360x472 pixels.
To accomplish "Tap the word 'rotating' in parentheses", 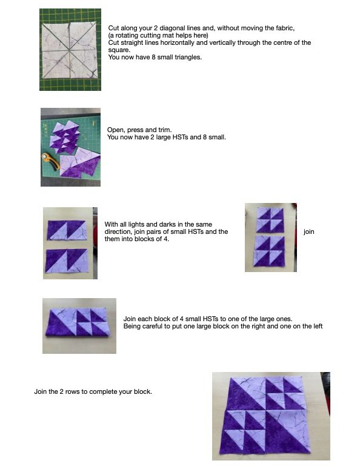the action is pyautogui.click(x=126, y=35).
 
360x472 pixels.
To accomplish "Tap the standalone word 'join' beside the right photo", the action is pyautogui.click(x=309, y=231).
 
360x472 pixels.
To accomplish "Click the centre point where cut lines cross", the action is pyautogui.click(x=69, y=50).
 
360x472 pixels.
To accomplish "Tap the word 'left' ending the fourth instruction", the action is pyautogui.click(x=317, y=326).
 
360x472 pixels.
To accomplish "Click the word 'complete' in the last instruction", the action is pyautogui.click(x=103, y=391).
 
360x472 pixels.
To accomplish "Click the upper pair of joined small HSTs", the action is pyautogui.click(x=67, y=230).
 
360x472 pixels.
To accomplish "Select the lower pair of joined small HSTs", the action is pyautogui.click(x=67, y=261).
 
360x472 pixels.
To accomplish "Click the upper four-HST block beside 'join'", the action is pyautogui.click(x=270, y=220).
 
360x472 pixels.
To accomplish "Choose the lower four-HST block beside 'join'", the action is pyautogui.click(x=270, y=251).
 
